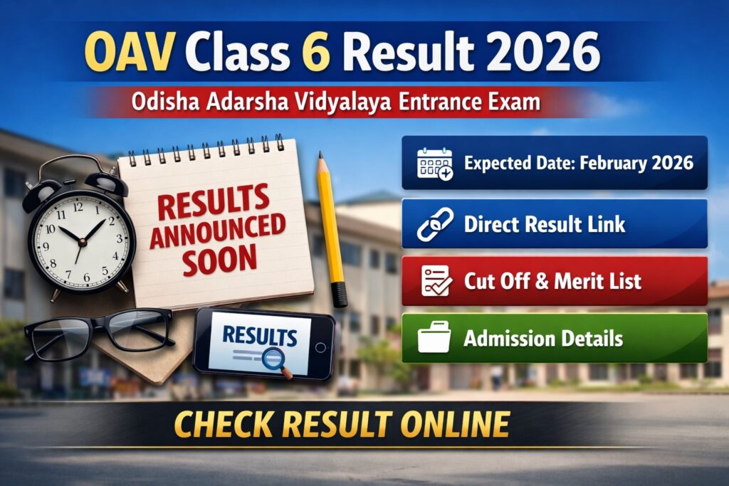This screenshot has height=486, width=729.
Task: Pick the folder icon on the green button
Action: pos(434,337)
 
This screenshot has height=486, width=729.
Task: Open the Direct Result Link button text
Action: pos(545,224)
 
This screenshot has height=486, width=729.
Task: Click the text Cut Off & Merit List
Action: pos(552,280)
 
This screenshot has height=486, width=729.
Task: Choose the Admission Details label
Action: pos(543,337)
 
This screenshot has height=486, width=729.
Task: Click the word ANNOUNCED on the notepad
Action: pos(218,231)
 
